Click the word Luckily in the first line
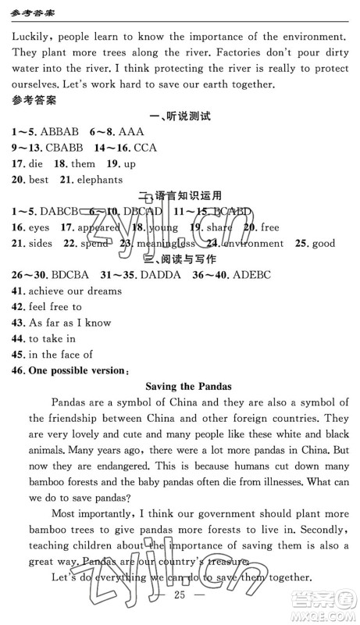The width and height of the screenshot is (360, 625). point(32,37)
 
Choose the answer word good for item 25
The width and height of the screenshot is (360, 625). point(323,243)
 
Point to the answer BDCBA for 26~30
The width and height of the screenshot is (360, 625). point(68,275)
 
